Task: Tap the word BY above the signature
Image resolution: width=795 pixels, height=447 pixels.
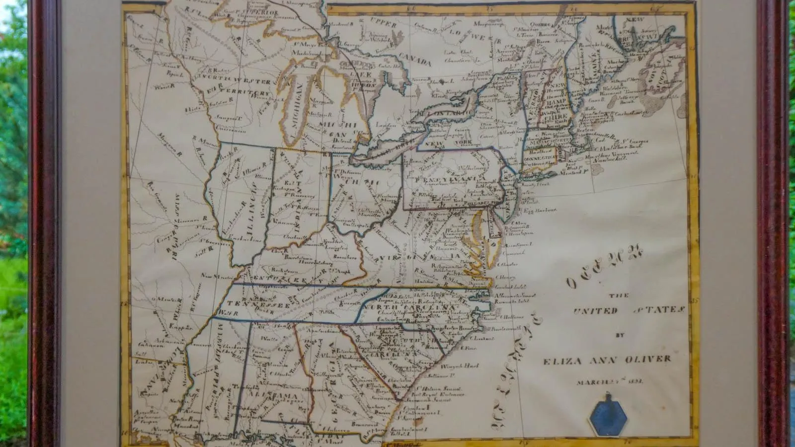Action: [619, 335]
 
